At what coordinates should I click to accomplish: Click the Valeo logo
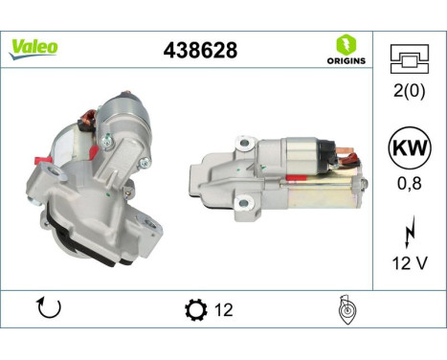[x=34, y=47]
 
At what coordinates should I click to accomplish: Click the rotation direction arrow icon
[x=48, y=309]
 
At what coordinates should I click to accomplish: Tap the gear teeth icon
[x=194, y=310]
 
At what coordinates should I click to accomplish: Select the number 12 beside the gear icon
[x=223, y=310]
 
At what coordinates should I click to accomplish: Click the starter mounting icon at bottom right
[x=347, y=310]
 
